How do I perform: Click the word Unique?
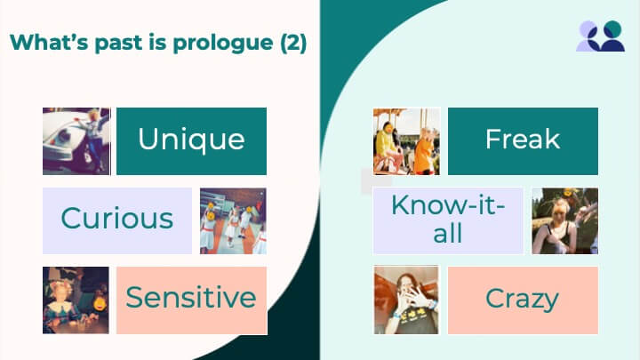[x=191, y=140]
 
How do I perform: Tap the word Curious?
[x=117, y=218]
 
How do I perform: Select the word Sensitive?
[x=191, y=297]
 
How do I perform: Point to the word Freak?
[x=523, y=139]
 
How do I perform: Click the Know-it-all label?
[x=448, y=220]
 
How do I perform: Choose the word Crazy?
[x=522, y=300]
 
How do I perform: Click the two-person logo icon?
[x=600, y=36]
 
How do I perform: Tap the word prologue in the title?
[x=223, y=44]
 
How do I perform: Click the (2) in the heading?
[x=293, y=43]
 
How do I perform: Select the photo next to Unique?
[x=76, y=141]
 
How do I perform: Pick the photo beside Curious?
[x=233, y=220]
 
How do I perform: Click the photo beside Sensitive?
[x=76, y=300]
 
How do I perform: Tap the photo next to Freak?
[x=406, y=141]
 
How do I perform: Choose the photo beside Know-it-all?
[x=565, y=220]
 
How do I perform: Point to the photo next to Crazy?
[x=406, y=300]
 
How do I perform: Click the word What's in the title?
[x=49, y=42]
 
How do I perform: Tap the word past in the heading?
[x=118, y=44]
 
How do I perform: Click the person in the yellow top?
[x=388, y=144]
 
